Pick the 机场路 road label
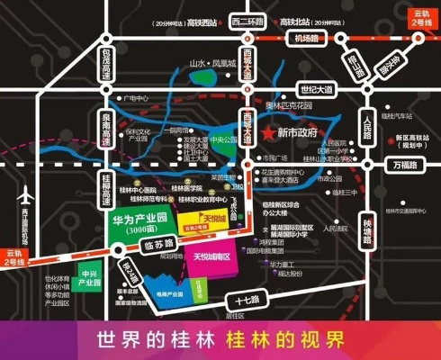coord(308,39)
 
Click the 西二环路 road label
coord(245,22)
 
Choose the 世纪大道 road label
coord(316,89)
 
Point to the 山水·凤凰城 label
coord(211,64)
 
